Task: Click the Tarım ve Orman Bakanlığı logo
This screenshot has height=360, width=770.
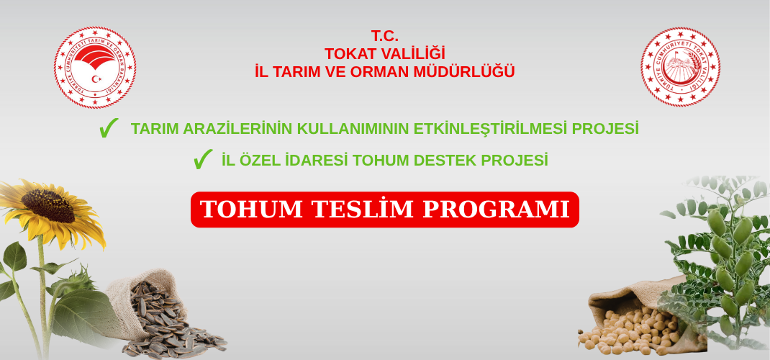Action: pos(95,68)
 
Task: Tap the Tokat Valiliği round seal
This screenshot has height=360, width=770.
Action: pos(680,68)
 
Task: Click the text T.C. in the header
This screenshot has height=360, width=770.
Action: pos(384,36)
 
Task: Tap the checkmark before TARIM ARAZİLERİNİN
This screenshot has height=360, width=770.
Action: pos(109,128)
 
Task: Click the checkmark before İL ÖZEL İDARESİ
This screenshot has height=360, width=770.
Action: pos(203,159)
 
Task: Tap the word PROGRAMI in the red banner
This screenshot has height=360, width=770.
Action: pos(496,210)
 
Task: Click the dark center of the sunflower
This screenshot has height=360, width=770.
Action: pos(47,205)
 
